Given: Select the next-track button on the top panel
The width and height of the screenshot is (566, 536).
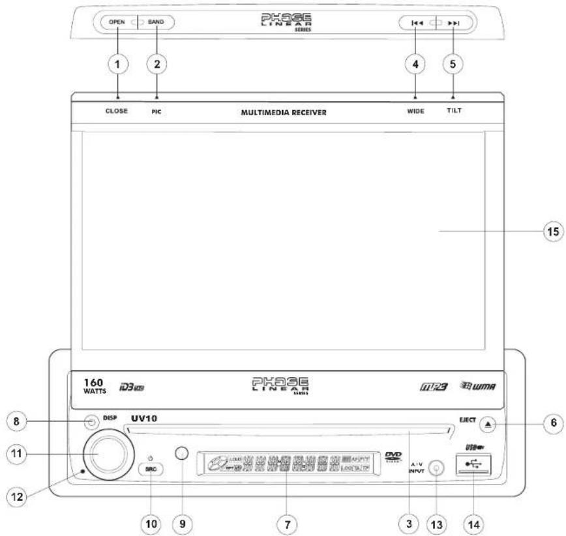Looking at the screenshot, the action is [454, 24].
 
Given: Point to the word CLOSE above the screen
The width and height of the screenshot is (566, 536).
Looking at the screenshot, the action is [117, 111].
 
